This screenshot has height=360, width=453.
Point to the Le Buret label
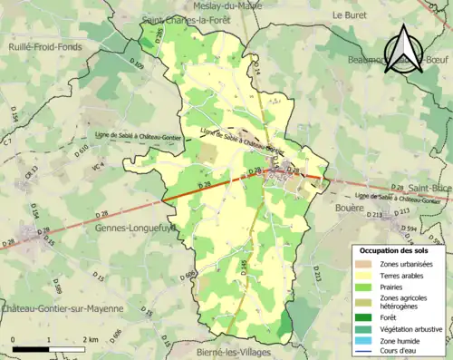tap(350, 15)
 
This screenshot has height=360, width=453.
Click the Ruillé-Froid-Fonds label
tap(44, 46)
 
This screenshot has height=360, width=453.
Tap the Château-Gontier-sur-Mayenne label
tap(62, 308)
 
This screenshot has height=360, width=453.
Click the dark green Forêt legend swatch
tap(367, 317)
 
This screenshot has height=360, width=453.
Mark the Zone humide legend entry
tap(399, 341)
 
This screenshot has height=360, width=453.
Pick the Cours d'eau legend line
tap(367, 353)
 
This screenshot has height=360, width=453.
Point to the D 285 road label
tap(160, 36)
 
